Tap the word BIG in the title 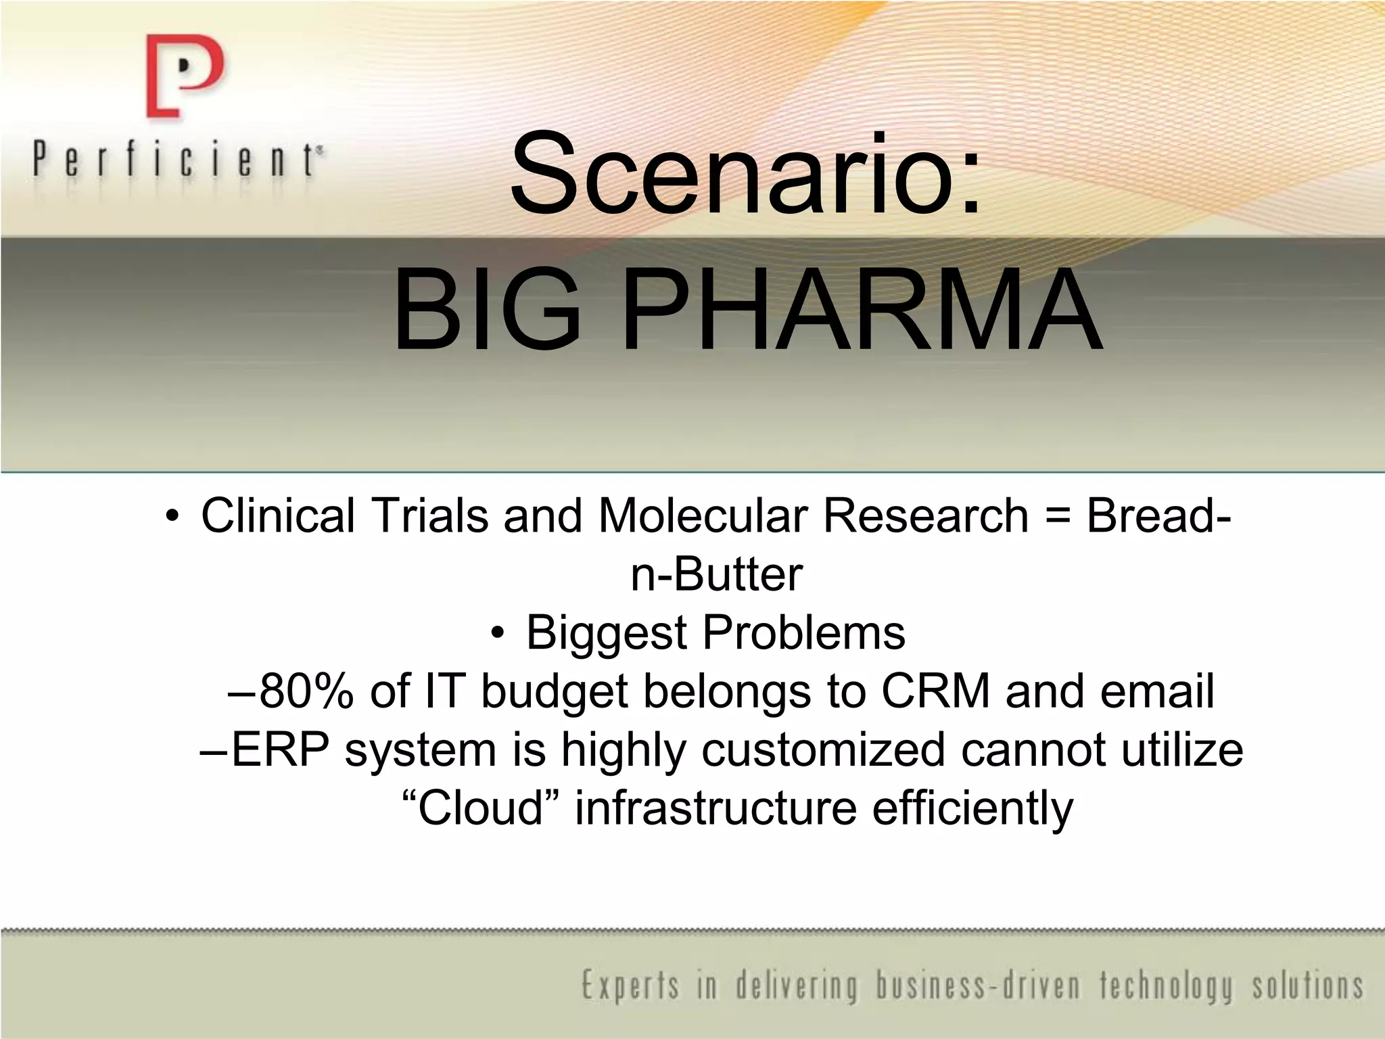click(487, 311)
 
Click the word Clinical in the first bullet click(278, 515)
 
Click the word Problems click(804, 634)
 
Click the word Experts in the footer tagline click(630, 986)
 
